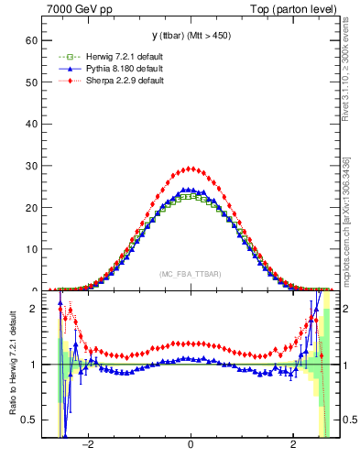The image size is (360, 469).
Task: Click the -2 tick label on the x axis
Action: pyautogui.click(x=88, y=449)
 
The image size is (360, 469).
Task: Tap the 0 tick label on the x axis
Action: pyautogui.click(x=191, y=449)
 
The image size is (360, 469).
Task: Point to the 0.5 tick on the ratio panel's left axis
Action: pyautogui.click(x=30, y=420)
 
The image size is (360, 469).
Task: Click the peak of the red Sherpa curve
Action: pyautogui.click(x=190, y=168)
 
